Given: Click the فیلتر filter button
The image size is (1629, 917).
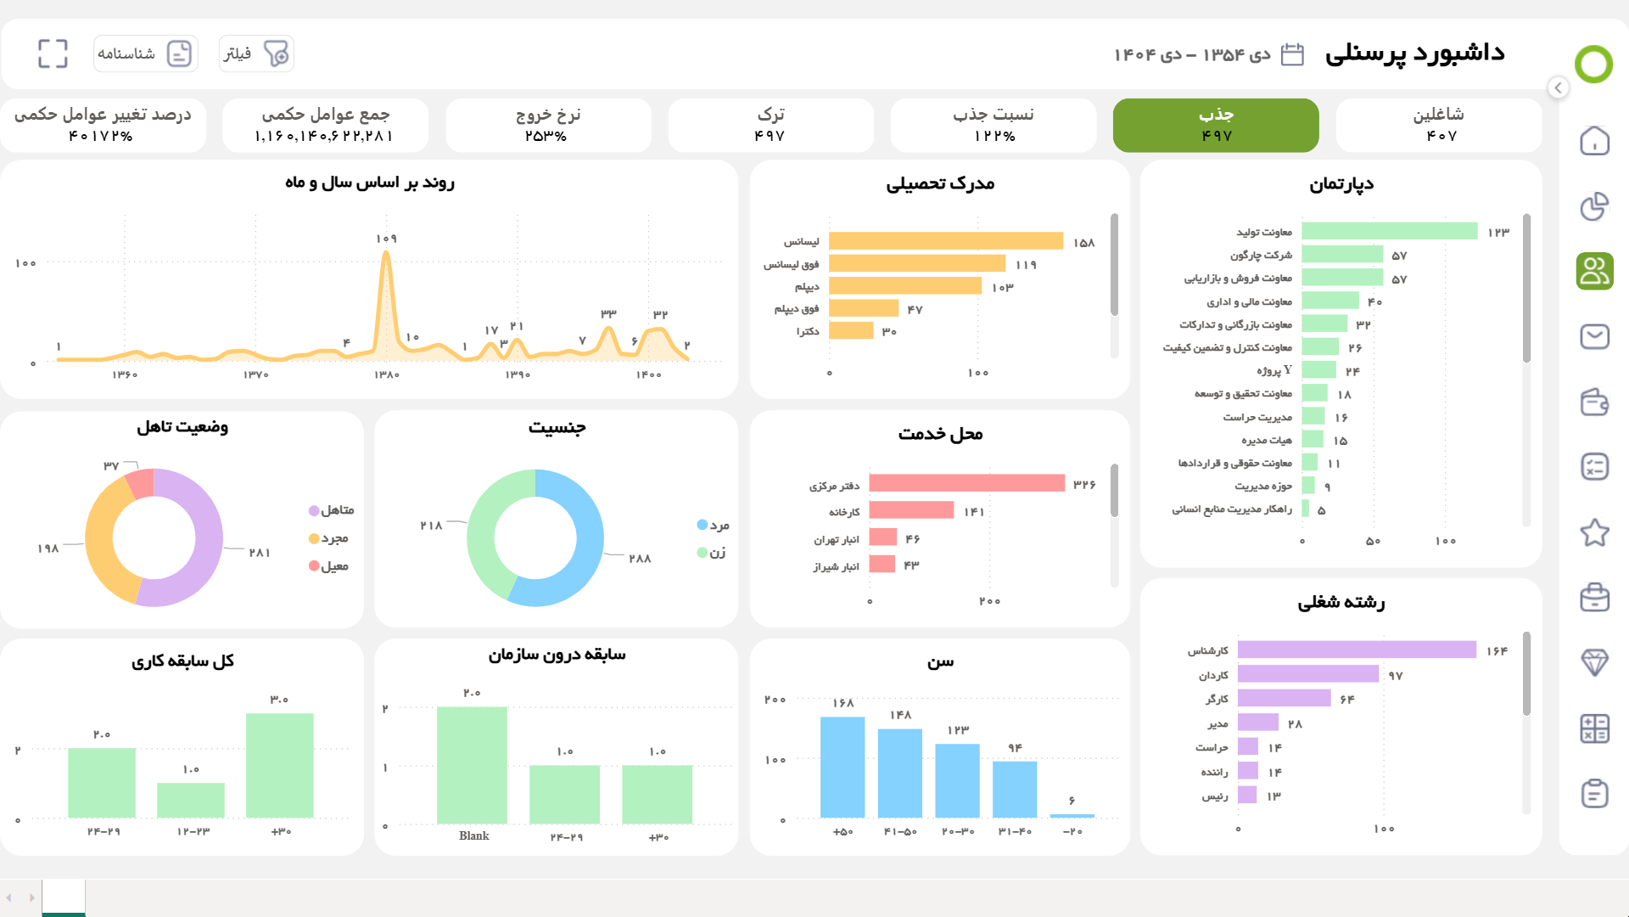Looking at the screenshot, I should (255, 53).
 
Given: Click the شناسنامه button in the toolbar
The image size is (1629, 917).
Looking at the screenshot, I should (145, 53).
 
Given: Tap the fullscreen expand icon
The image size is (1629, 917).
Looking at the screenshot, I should (53, 53).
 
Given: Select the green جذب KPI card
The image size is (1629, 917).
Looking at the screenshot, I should (1215, 125).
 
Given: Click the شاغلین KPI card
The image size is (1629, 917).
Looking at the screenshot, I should (1438, 125).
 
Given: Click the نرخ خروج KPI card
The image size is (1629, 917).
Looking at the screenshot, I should (548, 125).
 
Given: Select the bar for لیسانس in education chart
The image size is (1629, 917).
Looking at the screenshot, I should (945, 241).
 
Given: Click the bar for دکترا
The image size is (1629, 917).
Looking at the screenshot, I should (851, 330).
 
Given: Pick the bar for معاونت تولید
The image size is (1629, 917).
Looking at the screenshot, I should (1389, 231).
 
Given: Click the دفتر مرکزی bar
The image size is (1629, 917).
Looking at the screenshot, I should (966, 483).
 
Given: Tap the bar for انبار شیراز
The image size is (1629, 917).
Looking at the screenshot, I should (882, 565).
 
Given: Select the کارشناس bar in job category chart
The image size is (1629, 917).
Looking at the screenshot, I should (1356, 650).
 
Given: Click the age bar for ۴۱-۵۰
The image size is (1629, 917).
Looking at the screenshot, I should (899, 773).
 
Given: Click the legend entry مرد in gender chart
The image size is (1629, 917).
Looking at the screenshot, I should (714, 525).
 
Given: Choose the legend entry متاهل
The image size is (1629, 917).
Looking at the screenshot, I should (332, 510).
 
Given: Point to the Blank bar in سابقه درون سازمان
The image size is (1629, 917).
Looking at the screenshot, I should (472, 764).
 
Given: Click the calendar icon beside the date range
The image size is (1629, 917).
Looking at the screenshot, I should (1291, 54).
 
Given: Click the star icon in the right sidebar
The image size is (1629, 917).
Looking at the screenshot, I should (1594, 532).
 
